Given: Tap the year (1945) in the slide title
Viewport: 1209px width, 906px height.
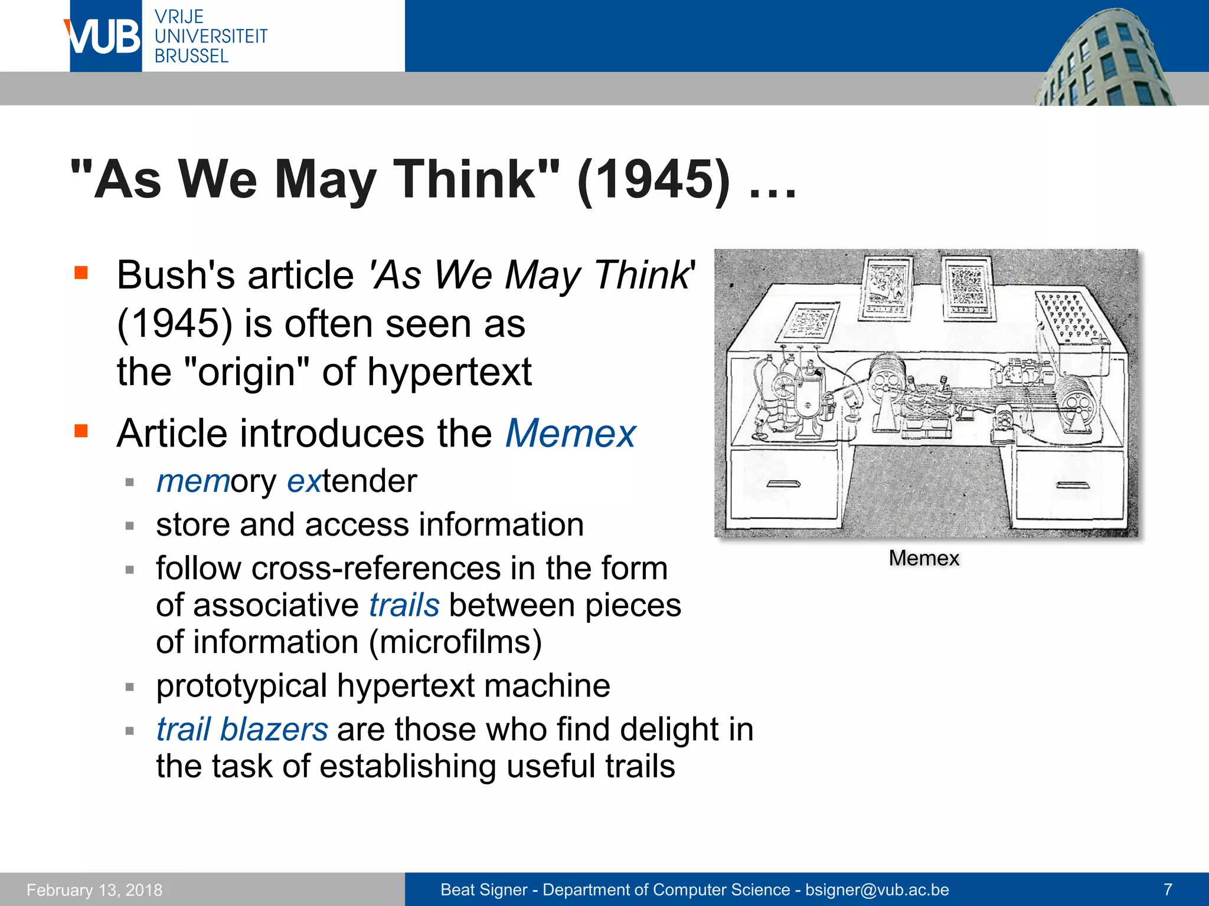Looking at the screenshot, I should point(653,179).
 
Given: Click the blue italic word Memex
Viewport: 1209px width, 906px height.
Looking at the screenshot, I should point(570,434).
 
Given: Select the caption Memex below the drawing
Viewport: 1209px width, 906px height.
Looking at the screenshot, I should point(924,558).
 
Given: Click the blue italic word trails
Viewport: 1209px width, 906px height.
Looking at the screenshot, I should point(404,606).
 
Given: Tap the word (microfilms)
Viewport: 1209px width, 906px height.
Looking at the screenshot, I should point(455,642).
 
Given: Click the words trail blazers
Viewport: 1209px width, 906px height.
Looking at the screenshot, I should point(242,730).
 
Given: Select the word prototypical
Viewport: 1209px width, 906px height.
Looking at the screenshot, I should point(241,686).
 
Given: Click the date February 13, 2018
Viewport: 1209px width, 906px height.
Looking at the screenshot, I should point(94,889).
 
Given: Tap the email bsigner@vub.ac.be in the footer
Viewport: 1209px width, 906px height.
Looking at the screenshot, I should point(877,889).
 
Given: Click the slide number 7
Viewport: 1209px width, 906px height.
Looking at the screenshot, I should point(1168,889).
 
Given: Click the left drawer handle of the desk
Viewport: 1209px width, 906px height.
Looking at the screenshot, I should point(783,484).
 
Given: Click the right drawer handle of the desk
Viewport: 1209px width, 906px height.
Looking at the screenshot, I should point(1072,485).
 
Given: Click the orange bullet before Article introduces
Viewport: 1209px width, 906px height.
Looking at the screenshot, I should point(81,431).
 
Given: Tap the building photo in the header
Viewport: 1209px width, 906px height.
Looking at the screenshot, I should point(1104,59).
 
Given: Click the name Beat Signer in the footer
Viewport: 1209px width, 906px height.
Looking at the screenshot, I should point(483,889).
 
